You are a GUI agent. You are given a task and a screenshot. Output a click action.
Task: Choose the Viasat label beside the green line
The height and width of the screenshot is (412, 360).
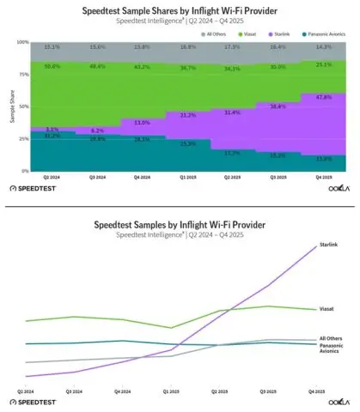(x=326, y=307)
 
